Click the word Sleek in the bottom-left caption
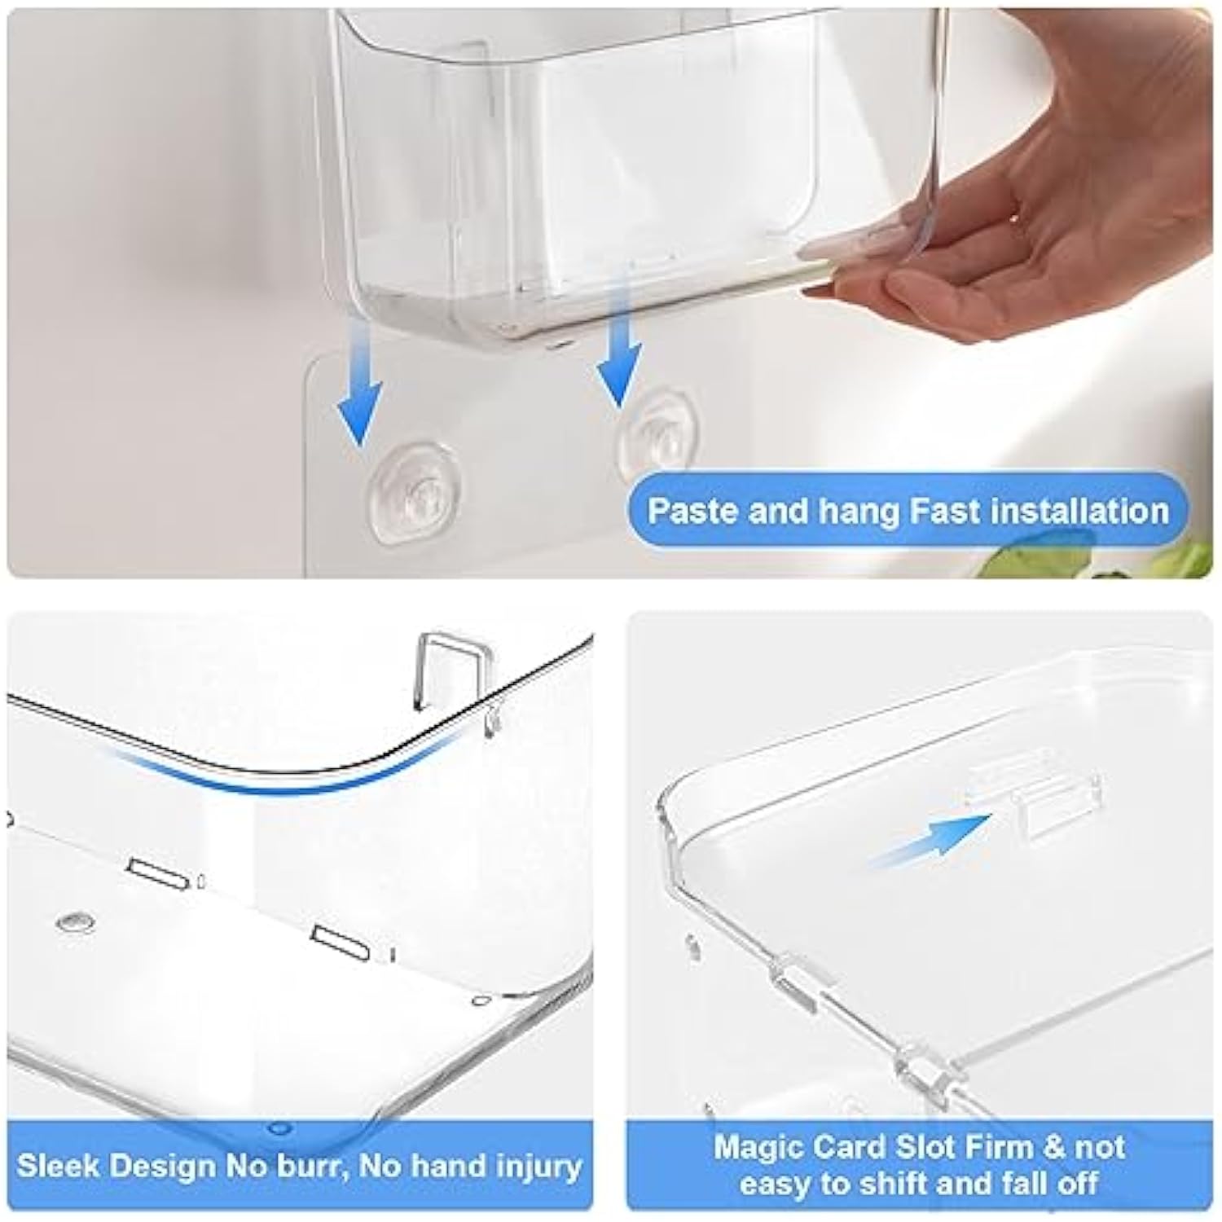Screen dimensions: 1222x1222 [57, 1166]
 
